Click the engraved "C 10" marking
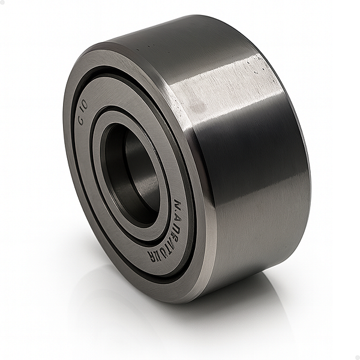(82, 110)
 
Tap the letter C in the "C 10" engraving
(80, 117)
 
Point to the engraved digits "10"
(84, 105)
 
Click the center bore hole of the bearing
(129, 174)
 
